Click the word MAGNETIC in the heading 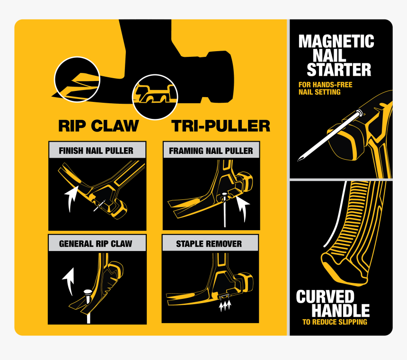point(336,41)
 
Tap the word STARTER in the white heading point(339,70)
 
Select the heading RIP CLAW point(98,126)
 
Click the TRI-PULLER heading point(221,126)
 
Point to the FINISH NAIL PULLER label point(96,151)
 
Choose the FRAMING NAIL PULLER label point(211,151)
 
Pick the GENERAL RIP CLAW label point(96,243)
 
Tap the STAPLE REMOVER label point(209,244)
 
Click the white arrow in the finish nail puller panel point(70,198)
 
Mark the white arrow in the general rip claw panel point(70,280)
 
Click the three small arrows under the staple point(225,306)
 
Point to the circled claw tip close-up point(77,80)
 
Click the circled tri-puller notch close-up point(155,97)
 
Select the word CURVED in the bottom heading point(325,297)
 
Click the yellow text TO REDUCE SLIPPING point(335,322)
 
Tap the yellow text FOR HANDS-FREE point(326,85)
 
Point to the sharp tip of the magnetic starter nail point(298,161)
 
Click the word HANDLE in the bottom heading point(341,310)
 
